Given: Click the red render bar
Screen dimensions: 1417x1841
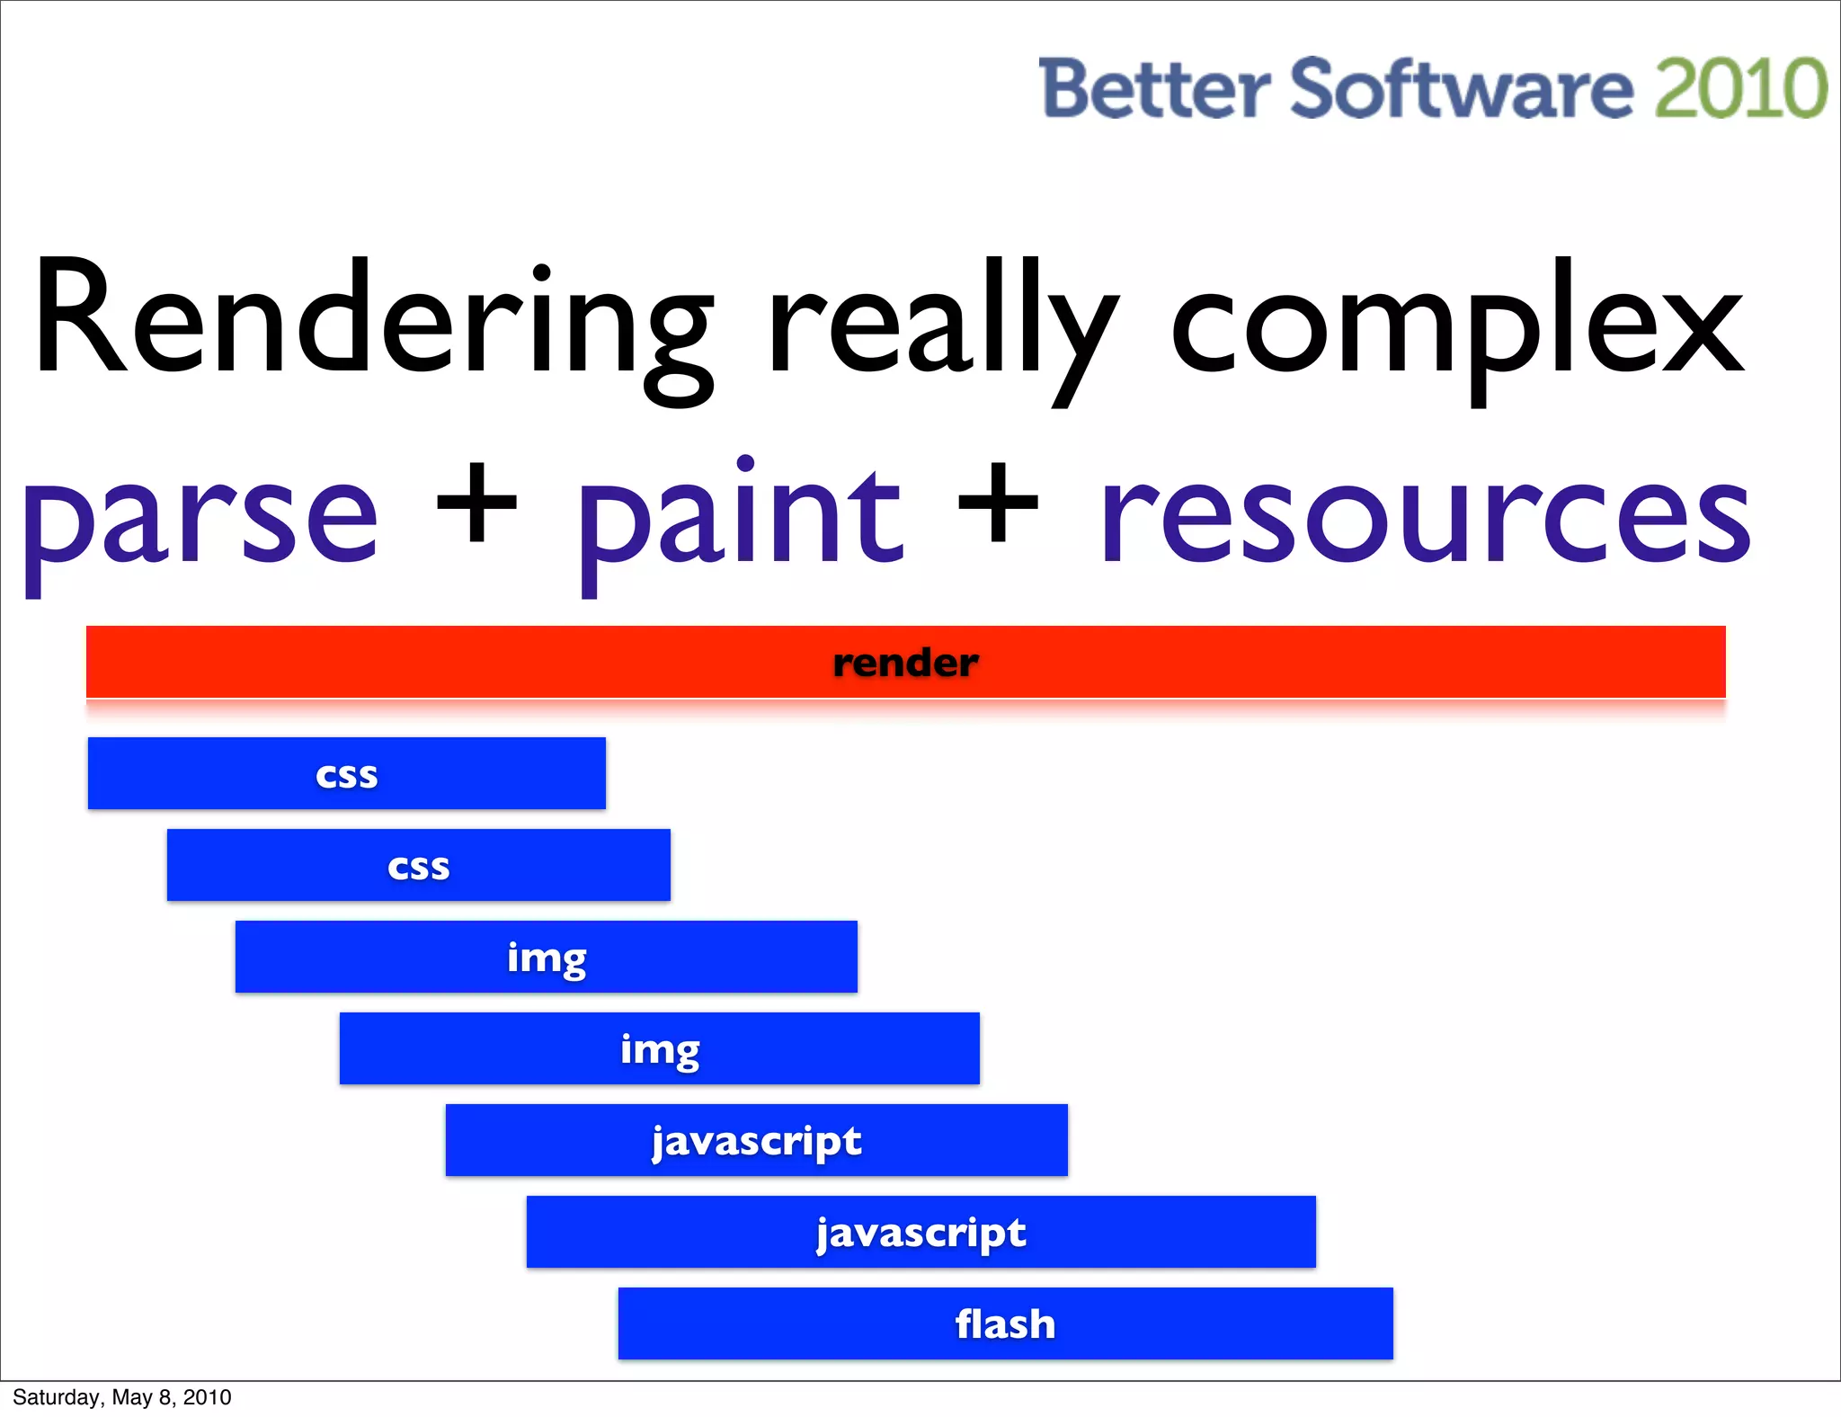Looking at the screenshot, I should (905, 663).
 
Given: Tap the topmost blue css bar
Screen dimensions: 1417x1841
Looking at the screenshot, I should (347, 773).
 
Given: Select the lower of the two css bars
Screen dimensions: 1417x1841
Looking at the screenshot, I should (419, 865).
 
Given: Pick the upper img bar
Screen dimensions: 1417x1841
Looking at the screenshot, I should (547, 957).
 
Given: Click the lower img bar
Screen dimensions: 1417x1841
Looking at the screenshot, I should (660, 1048).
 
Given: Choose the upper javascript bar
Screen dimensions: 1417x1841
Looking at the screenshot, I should (757, 1140).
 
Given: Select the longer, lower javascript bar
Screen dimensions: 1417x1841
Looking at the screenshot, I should (921, 1232).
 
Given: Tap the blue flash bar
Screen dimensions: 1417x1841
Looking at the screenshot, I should (1005, 1323).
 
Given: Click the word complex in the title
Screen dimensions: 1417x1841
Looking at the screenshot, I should (1456, 328).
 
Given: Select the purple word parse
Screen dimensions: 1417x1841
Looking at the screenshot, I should (200, 521).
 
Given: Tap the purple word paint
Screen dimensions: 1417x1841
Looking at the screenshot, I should (740, 517).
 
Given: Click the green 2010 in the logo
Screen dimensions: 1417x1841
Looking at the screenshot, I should (1740, 88).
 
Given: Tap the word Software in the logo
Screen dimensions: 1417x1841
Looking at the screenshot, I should (1462, 88).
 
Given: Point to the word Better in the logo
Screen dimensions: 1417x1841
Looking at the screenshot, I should (1154, 88).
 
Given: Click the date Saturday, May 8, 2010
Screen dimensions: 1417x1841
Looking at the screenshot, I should (122, 1397).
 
